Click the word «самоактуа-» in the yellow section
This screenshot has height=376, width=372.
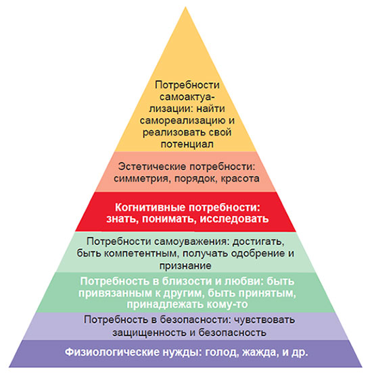point(187,97)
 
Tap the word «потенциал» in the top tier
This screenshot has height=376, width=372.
point(187,144)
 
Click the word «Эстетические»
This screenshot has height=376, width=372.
point(152,167)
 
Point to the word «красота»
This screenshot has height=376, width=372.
point(240,179)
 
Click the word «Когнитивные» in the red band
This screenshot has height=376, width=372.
point(150,207)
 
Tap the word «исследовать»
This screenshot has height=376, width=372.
point(234,219)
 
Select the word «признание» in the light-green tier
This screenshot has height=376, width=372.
point(185,266)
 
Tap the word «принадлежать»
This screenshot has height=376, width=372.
point(165,304)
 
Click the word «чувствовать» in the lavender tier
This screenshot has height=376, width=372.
point(264,320)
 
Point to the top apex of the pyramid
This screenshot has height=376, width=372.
point(185,7)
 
